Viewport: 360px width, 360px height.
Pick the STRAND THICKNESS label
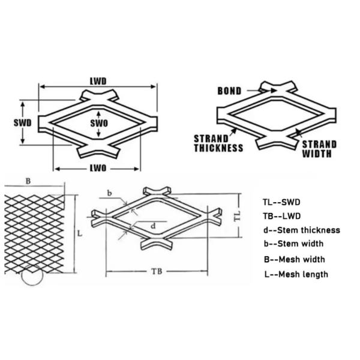pos(218,143)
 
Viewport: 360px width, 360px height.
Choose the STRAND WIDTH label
pos(319,149)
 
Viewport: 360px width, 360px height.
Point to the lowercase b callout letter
pos(109,193)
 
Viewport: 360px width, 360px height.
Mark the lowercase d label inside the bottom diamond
pos(154,226)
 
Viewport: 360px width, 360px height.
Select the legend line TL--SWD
pos(281,202)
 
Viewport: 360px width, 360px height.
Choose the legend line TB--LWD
pos(281,216)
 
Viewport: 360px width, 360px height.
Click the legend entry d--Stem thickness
pos(301,230)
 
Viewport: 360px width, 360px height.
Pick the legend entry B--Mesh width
pos(294,259)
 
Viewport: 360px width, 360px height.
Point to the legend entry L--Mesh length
pos(295,274)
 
